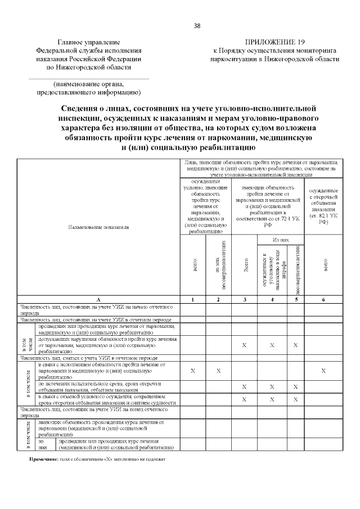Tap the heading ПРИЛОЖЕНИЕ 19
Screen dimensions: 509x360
(x=276, y=42)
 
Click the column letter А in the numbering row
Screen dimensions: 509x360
(x=98, y=299)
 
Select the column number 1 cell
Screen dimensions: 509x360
(x=193, y=299)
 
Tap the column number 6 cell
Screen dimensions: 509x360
(x=323, y=299)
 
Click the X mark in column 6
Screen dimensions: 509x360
(x=323, y=371)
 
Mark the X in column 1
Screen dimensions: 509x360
(x=193, y=371)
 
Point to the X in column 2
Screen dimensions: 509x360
(x=219, y=371)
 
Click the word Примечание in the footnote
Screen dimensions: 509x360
(x=43, y=459)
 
